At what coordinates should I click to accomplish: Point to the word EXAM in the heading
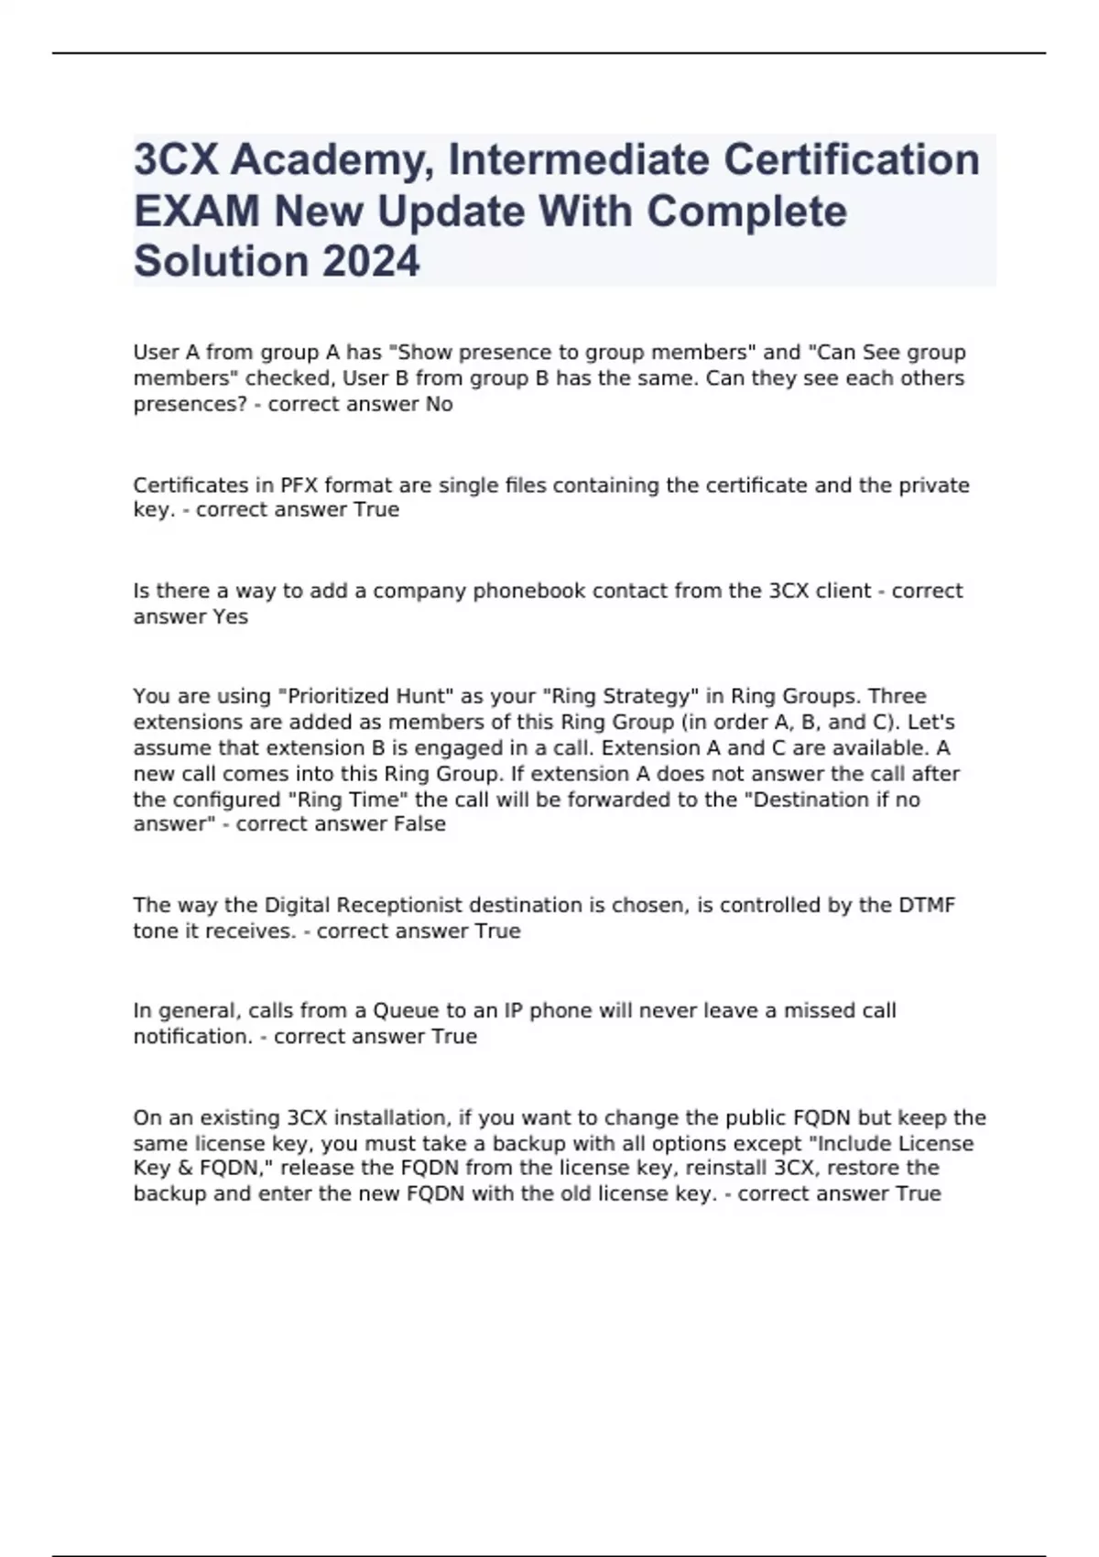(x=196, y=212)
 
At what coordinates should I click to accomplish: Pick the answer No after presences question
(x=439, y=404)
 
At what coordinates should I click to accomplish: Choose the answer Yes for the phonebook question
(x=230, y=616)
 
